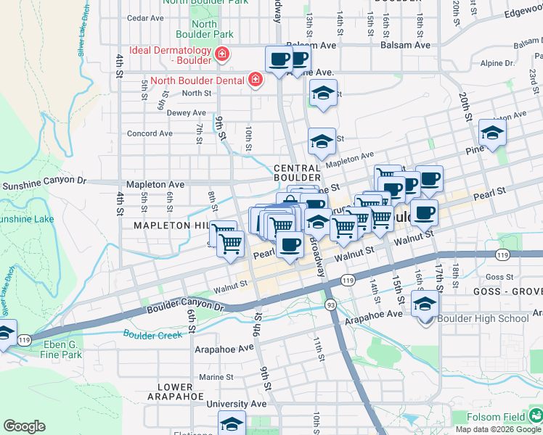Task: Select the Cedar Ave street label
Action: pyautogui.click(x=144, y=17)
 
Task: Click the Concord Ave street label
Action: pyautogui.click(x=150, y=133)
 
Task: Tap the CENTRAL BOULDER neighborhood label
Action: pyautogui.click(x=298, y=173)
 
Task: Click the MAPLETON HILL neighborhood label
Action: pyautogui.click(x=171, y=225)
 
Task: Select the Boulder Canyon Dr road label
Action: pyautogui.click(x=187, y=307)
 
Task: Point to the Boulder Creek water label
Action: pyautogui.click(x=152, y=335)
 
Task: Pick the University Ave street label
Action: pyautogui.click(x=236, y=404)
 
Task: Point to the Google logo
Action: pyautogui.click(x=24, y=426)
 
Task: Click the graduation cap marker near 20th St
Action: pyautogui.click(x=492, y=133)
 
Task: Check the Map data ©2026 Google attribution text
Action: pyautogui.click(x=497, y=429)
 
